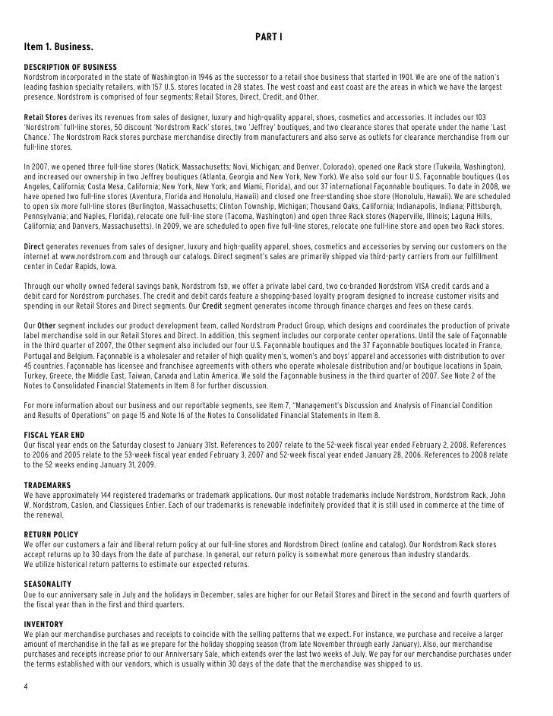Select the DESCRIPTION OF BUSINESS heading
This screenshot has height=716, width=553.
click(70, 68)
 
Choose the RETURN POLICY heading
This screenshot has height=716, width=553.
click(51, 534)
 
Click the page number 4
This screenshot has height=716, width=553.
click(26, 687)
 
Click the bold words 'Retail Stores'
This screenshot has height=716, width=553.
click(46, 118)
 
